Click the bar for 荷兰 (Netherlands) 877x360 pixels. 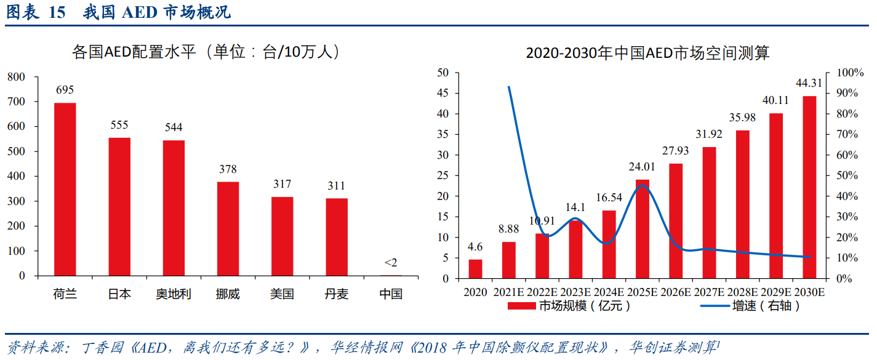pos(65,189)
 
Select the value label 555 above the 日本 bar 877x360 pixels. pos(119,125)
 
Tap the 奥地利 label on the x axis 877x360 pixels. pos(174,294)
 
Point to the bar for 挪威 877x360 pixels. pos(228,228)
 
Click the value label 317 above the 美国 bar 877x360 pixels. pos(282,184)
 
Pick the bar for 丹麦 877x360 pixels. pos(337,237)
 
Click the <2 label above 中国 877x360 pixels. pos(391,263)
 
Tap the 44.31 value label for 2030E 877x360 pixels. pos(809,83)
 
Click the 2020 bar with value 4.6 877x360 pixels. pos(475,269)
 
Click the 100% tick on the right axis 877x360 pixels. pos(851,73)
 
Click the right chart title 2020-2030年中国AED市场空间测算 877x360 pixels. pos(647,53)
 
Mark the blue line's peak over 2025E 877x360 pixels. pos(643,186)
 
